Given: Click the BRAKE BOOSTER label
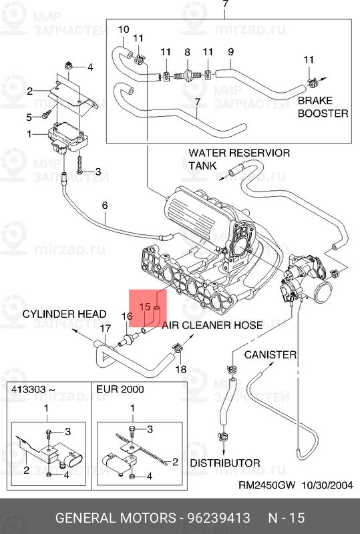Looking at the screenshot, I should pyautogui.click(x=323, y=107).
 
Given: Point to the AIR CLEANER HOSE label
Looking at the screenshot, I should pyautogui.click(x=212, y=325).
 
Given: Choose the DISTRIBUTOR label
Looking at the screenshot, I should pyautogui.click(x=225, y=462).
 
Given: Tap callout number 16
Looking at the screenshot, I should pyautogui.click(x=126, y=316).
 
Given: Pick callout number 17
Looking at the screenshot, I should pyautogui.click(x=105, y=328).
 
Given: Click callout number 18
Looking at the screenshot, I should pyautogui.click(x=180, y=369).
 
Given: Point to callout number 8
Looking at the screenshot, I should pyautogui.click(x=188, y=52).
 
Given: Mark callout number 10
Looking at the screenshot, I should pyautogui.click(x=123, y=29).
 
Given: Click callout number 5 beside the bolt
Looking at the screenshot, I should pyautogui.click(x=29, y=117).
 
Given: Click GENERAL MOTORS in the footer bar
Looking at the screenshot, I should pyautogui.click(x=111, y=519).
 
